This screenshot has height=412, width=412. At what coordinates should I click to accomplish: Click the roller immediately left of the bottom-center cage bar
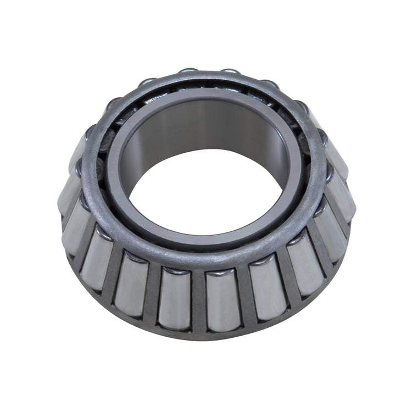(175, 297)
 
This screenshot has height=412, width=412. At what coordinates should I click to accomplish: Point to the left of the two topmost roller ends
(188, 71)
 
